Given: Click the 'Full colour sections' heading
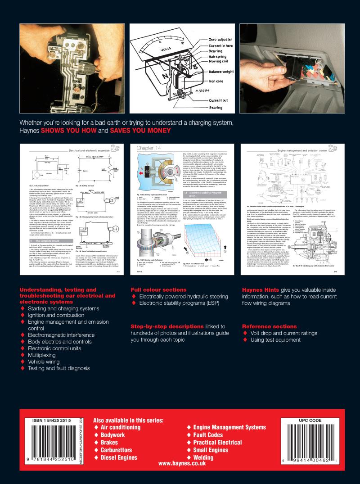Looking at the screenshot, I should (158, 289).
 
